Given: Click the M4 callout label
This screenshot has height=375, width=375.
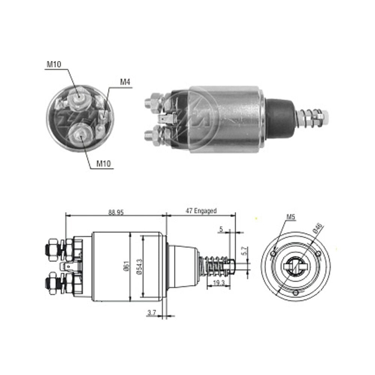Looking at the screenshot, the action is tap(125, 82).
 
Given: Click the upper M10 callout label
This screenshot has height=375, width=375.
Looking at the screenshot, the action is tap(54, 64).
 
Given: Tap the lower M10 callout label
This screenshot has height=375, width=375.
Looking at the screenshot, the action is tap(103, 163).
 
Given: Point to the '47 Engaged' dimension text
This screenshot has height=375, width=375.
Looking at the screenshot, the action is tap(201, 211).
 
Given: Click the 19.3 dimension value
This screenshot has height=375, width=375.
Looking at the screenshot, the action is tap(219, 283).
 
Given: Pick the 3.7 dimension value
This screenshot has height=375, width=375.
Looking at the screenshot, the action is tap(152, 312).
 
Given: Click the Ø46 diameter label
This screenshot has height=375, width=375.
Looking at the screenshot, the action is tap(318, 228).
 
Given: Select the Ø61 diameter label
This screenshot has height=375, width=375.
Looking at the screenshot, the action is tap(127, 266).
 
